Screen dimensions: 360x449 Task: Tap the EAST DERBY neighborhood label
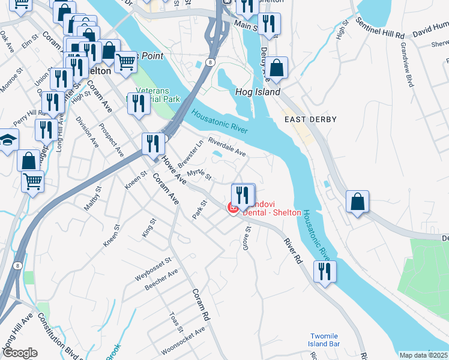pyautogui.click(x=308, y=120)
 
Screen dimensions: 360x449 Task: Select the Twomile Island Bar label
pyautogui.click(x=325, y=340)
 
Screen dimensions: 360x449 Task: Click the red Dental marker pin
pyautogui.click(x=233, y=208)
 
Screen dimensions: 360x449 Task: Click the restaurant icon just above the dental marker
pyautogui.click(x=243, y=194)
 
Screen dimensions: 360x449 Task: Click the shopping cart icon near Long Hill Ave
pyautogui.click(x=32, y=181)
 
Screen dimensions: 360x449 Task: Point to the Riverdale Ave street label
pyautogui.click(x=227, y=148)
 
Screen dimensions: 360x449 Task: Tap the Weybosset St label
pyautogui.click(x=153, y=269)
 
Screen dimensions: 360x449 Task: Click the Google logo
pyautogui.click(x=20, y=353)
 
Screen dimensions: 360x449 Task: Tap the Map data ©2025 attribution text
pyautogui.click(x=424, y=355)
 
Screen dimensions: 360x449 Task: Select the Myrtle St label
pyautogui.click(x=200, y=174)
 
